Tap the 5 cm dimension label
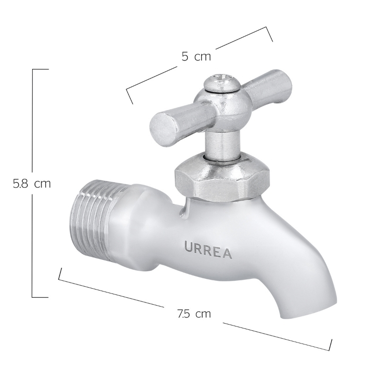(196, 57)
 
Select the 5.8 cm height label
(32, 184)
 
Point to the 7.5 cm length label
(194, 314)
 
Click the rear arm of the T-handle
(267, 87)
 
